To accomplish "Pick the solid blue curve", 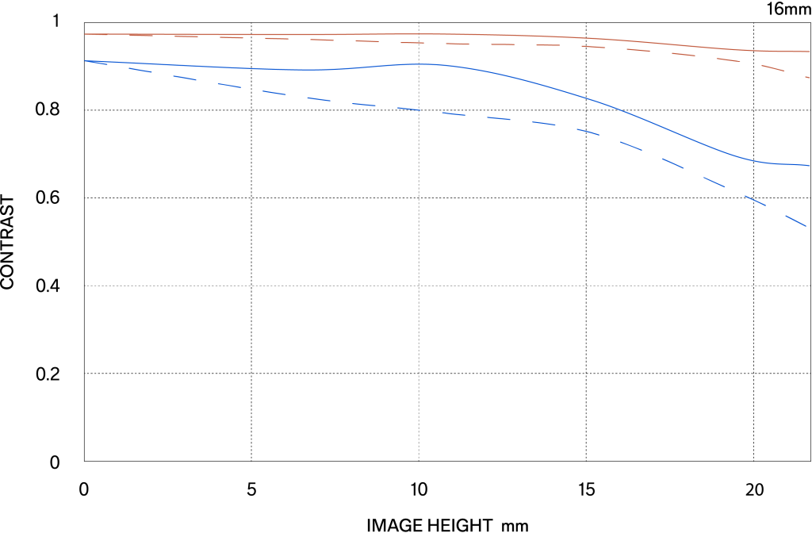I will click(555, 89).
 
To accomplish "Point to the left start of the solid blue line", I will click(86, 60).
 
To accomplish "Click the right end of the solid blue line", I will click(809, 166).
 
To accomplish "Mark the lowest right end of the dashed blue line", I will click(806, 226).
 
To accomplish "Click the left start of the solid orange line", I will click(86, 34).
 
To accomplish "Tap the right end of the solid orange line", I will click(809, 52).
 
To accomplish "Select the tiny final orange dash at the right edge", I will click(807, 77).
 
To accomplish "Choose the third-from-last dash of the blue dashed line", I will click(714, 180).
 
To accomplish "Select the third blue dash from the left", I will click(184, 78).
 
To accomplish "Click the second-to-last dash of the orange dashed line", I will click(772, 67).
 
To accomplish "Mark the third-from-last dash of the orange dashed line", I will click(728, 59).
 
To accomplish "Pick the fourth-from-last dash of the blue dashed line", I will click(672, 162).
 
